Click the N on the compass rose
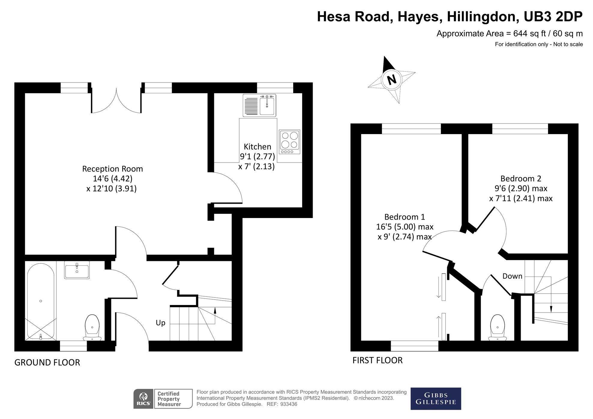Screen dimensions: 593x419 click(x=392, y=80)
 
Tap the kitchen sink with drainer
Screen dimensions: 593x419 click(x=259, y=105)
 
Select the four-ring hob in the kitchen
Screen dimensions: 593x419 click(x=290, y=142)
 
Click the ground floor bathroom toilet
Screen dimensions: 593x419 click(x=92, y=328)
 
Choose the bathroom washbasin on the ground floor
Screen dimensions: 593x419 click(x=77, y=270)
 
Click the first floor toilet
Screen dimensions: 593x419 click(x=498, y=328)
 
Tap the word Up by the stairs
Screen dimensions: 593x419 click(x=161, y=323)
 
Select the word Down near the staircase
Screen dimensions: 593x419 click(x=512, y=276)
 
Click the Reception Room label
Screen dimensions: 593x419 click(x=113, y=169)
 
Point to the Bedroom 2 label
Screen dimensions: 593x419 click(x=521, y=179)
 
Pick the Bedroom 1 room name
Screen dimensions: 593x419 click(x=405, y=217)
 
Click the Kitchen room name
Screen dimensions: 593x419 click(x=257, y=147)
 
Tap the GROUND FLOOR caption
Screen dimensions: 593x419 click(x=47, y=363)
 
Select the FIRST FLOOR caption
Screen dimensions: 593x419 click(x=378, y=360)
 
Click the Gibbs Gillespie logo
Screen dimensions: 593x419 click(x=436, y=399)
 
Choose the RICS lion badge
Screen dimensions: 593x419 click(x=143, y=399)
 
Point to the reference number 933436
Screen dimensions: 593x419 click(x=288, y=404)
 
